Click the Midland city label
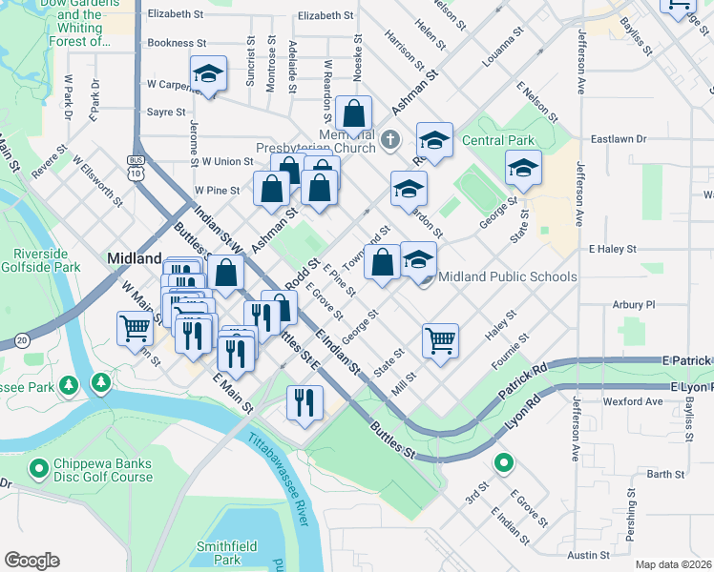(x=135, y=258)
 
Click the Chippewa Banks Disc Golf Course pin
(x=38, y=468)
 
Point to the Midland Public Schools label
(x=512, y=276)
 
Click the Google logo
(x=31, y=561)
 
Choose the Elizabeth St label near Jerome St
(x=177, y=15)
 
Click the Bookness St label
(x=177, y=43)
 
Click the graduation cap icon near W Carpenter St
(x=208, y=72)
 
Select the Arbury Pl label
(x=635, y=304)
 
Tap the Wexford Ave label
(x=632, y=401)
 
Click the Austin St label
(x=588, y=555)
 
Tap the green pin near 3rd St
(x=503, y=464)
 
